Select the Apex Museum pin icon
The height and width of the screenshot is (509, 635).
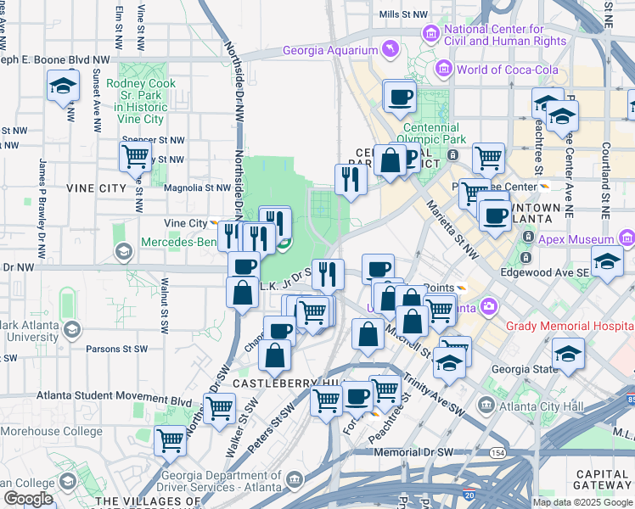pos(627,237)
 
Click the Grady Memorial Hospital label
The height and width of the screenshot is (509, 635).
pos(570,326)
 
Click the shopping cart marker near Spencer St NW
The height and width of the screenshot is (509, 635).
pos(136,156)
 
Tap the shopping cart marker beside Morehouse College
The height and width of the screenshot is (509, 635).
pos(171,439)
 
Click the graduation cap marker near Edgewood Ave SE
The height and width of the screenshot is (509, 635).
pos(607,262)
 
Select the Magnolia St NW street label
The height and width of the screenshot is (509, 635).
pos(198,188)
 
